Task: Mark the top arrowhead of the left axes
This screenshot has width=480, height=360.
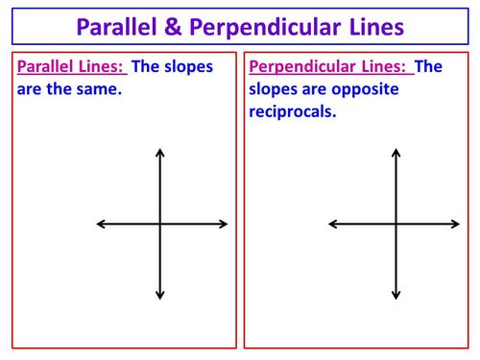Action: [x=160, y=151]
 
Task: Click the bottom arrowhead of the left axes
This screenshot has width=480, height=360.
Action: [x=160, y=297]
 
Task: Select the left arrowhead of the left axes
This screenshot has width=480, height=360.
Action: [x=100, y=224]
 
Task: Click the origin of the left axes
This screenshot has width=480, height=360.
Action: [x=160, y=224]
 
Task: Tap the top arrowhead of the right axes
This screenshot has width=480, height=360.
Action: [x=396, y=151]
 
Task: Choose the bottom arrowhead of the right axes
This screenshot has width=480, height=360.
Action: [x=396, y=296]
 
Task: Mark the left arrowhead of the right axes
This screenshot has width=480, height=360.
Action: [x=332, y=224]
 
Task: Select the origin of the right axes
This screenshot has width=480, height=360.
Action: [x=396, y=224]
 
